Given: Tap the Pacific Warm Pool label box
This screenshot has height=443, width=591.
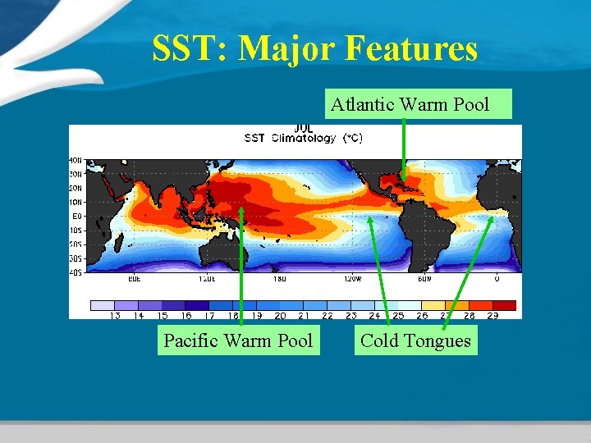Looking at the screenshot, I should (x=238, y=340).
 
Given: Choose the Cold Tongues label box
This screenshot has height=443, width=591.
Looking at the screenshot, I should (x=415, y=340).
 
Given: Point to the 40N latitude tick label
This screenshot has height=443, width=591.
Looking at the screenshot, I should (x=75, y=160).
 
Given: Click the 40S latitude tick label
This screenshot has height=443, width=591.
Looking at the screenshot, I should (x=75, y=273).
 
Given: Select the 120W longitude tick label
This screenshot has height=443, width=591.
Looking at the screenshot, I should (x=351, y=279).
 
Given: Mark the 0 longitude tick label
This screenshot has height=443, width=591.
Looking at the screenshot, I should (x=497, y=279).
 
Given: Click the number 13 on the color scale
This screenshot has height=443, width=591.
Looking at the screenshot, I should (x=115, y=315).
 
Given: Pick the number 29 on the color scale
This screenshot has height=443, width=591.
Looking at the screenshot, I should (x=492, y=315).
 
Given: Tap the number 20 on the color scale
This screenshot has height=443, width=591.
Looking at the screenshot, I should (x=280, y=315).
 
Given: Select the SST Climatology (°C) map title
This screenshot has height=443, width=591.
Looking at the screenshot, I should (x=303, y=138).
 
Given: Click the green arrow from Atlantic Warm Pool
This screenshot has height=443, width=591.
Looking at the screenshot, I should (x=403, y=148).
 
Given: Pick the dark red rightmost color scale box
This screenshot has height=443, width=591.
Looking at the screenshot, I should (x=504, y=305).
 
